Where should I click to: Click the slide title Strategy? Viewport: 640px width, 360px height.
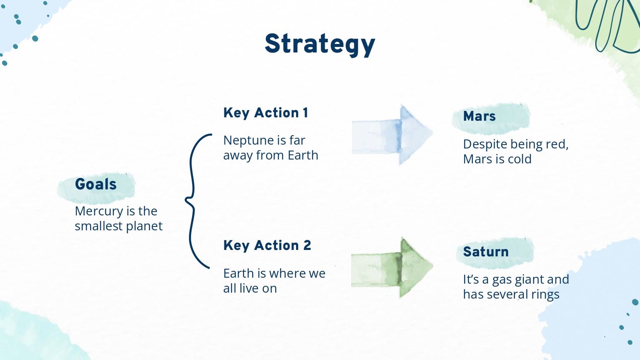[x=320, y=44]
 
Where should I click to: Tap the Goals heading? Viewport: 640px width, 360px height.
[x=96, y=184]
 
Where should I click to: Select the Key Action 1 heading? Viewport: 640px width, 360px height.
[x=266, y=113]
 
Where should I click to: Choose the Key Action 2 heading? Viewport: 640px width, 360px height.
[x=267, y=245]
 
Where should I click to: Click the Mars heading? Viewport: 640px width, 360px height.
[x=479, y=116]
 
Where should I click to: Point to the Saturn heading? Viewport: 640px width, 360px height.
[x=486, y=252]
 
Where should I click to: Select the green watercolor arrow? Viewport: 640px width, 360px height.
[x=392, y=268]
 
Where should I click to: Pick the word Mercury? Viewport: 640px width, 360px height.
[x=99, y=212]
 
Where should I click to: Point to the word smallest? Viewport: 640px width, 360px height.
[x=99, y=226]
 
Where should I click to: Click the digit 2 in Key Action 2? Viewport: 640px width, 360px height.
[x=307, y=245]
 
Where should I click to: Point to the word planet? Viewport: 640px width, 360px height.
[x=144, y=226]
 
